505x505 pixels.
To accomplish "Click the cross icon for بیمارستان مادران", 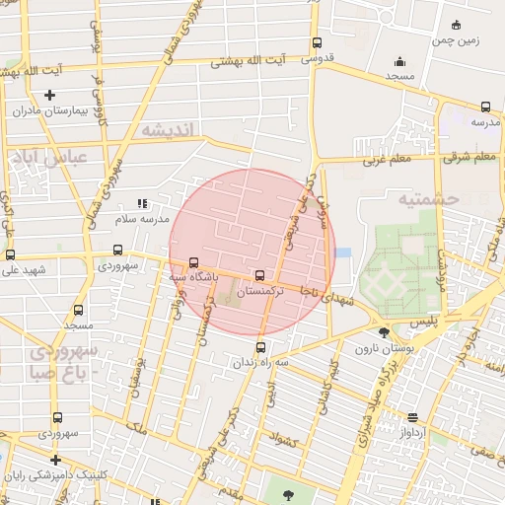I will tap(50, 95).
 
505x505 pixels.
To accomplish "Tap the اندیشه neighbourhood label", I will tap(169, 130).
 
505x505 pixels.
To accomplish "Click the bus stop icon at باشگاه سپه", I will tap(193, 263).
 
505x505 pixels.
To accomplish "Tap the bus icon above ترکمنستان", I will tap(259, 276).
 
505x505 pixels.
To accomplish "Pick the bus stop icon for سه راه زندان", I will tap(260, 346).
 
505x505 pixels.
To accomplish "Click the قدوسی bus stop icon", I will tap(317, 43).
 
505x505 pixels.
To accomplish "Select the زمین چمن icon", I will tap(455, 25).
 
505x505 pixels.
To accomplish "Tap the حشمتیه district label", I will tap(430, 198).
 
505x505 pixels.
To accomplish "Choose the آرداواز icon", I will tap(411, 417).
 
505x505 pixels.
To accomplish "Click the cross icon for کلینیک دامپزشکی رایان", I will tap(55, 460).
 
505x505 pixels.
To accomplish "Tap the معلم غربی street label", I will tap(387, 159).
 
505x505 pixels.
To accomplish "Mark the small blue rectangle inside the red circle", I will tap(342, 253).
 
